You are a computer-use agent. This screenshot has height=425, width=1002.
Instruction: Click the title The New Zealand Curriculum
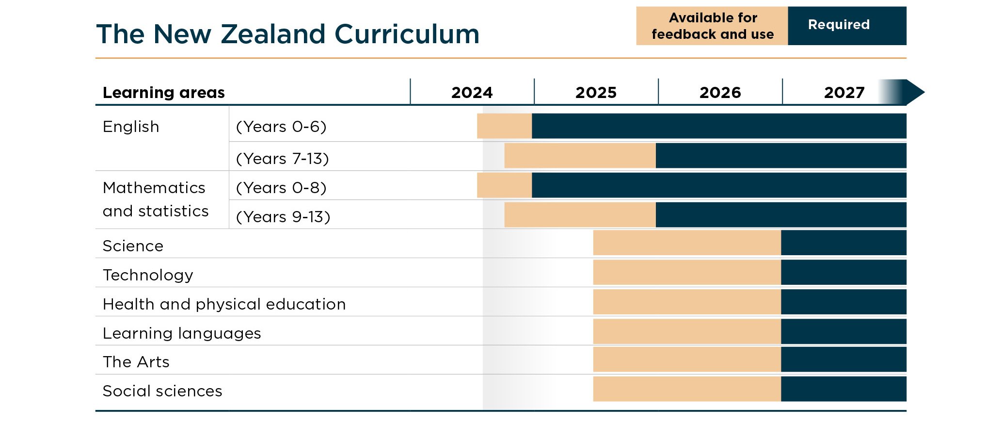(x=287, y=34)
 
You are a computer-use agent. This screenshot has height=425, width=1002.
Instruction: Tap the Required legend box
(x=846, y=25)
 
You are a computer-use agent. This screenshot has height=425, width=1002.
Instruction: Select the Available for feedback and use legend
(x=712, y=26)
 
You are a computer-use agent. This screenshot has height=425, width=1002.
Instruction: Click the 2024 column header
(x=472, y=92)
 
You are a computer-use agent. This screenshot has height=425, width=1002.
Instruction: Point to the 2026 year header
(x=720, y=92)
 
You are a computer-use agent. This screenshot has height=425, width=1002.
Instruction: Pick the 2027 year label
(x=844, y=92)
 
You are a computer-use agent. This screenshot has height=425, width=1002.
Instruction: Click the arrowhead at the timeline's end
(x=914, y=92)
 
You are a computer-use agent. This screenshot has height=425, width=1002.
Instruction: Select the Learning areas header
(x=163, y=92)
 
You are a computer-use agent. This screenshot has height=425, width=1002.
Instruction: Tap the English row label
(x=131, y=127)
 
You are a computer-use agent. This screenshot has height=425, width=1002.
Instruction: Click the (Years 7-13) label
(x=282, y=158)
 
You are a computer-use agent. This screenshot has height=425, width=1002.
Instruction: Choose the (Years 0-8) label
(x=281, y=187)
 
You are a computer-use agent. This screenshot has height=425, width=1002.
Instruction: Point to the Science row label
(x=133, y=246)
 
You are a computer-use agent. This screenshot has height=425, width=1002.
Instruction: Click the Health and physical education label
(x=224, y=304)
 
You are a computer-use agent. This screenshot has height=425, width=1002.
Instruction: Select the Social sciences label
(x=162, y=391)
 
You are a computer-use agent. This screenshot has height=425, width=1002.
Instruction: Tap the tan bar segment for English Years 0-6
(x=504, y=126)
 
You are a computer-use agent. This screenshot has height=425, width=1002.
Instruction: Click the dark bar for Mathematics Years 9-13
(x=780, y=215)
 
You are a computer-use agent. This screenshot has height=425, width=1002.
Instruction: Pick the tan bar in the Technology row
(x=686, y=272)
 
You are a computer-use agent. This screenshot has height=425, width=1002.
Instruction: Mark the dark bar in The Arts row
(x=843, y=360)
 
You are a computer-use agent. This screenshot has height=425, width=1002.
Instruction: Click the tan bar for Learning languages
(x=686, y=331)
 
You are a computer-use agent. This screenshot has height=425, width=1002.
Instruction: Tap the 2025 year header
(x=596, y=92)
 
